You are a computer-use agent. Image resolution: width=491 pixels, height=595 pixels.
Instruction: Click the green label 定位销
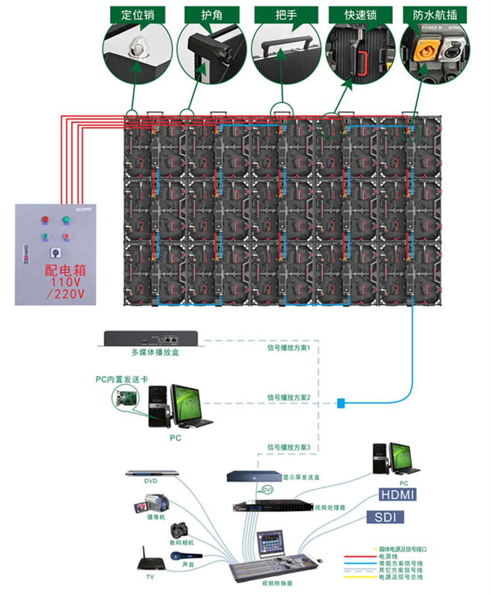(x=138, y=15)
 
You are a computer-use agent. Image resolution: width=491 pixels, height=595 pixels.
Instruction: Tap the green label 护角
(x=212, y=15)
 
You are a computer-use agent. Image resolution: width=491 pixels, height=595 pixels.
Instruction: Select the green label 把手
(x=286, y=15)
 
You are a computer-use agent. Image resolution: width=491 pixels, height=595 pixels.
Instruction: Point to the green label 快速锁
(x=360, y=15)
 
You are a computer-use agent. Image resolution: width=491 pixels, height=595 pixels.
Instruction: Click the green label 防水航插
(x=435, y=15)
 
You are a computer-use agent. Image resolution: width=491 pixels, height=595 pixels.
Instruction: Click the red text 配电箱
(x=65, y=270)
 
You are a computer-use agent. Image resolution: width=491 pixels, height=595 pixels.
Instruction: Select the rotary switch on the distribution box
(x=55, y=252)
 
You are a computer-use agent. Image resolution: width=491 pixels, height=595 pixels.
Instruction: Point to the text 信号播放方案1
(x=289, y=348)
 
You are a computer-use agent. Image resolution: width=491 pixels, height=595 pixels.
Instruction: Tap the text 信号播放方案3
(x=289, y=447)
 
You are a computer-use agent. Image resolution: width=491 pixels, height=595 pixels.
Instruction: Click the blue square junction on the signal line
(x=341, y=403)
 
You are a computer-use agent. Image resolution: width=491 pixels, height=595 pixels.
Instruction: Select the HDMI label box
(x=398, y=494)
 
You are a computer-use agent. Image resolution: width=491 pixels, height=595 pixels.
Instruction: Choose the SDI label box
(x=385, y=517)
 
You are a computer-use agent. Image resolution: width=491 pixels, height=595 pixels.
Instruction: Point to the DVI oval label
(x=267, y=490)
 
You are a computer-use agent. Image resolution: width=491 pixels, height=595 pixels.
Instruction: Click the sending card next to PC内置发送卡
(x=125, y=399)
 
